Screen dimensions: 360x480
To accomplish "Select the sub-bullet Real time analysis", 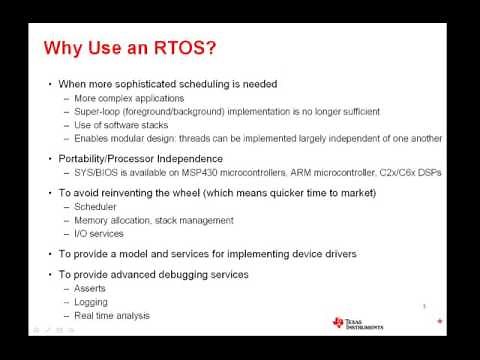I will click(x=113, y=316).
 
